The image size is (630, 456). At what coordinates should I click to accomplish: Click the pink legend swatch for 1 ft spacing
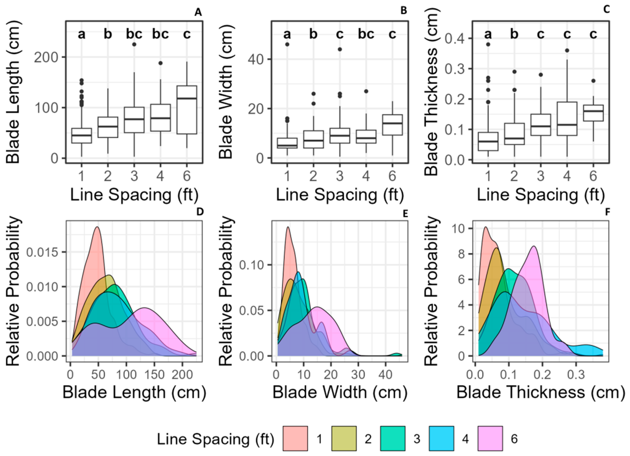(x=295, y=438)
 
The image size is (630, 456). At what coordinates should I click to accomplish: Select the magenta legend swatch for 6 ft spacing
(x=490, y=438)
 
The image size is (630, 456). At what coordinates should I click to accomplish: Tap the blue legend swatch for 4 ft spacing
(x=442, y=438)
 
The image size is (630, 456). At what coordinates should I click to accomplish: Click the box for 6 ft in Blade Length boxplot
(x=187, y=110)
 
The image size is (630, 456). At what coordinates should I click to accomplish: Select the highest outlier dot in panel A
(x=134, y=44)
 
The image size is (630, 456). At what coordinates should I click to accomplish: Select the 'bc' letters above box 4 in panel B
(x=366, y=34)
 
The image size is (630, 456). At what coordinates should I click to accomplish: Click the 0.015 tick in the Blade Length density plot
(x=42, y=252)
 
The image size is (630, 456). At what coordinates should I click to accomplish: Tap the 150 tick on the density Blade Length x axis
(x=154, y=375)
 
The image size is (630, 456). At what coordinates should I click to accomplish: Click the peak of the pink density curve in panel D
(x=97, y=227)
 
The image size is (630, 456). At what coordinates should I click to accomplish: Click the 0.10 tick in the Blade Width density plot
(x=251, y=265)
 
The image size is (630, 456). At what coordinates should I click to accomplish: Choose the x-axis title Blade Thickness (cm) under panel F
(x=541, y=392)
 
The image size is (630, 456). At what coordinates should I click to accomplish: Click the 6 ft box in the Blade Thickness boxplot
(x=593, y=113)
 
